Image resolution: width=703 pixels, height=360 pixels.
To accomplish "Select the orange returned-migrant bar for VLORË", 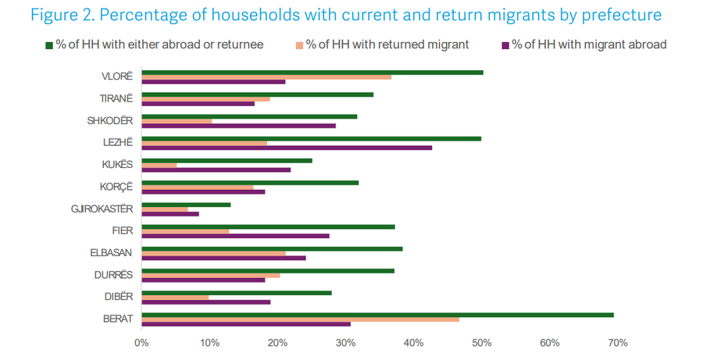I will pyautogui.click(x=266, y=77).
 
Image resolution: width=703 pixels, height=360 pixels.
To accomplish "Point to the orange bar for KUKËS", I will pyautogui.click(x=159, y=165).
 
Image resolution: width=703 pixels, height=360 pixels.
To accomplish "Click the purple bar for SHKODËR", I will pyautogui.click(x=238, y=125).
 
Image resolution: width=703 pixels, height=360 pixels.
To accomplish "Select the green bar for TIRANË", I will pyautogui.click(x=257, y=94).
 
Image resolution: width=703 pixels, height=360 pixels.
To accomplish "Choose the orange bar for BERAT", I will pyautogui.click(x=300, y=319).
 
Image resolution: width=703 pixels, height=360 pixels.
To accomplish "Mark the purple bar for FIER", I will pyautogui.click(x=235, y=235).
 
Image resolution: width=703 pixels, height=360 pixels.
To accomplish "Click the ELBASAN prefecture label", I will pyautogui.click(x=111, y=253).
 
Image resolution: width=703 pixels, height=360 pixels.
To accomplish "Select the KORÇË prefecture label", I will pyautogui.click(x=116, y=187).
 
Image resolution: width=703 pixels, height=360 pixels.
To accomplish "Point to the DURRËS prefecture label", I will pyautogui.click(x=112, y=275).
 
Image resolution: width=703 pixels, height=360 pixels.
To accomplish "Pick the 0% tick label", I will pyautogui.click(x=141, y=342).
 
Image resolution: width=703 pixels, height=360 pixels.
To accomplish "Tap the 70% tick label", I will pyautogui.click(x=618, y=342).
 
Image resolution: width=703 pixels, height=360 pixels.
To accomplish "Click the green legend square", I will pyautogui.click(x=49, y=45).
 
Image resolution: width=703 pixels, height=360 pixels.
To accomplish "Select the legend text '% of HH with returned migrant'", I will pyautogui.click(x=387, y=45).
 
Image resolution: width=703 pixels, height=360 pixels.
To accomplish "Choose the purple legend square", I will pyautogui.click(x=505, y=45).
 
